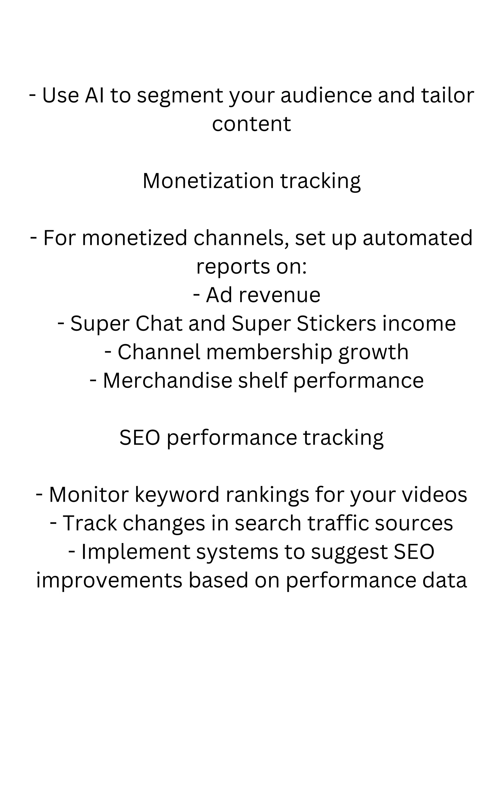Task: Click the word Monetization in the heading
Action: (x=208, y=181)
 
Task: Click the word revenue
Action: (x=279, y=295)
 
